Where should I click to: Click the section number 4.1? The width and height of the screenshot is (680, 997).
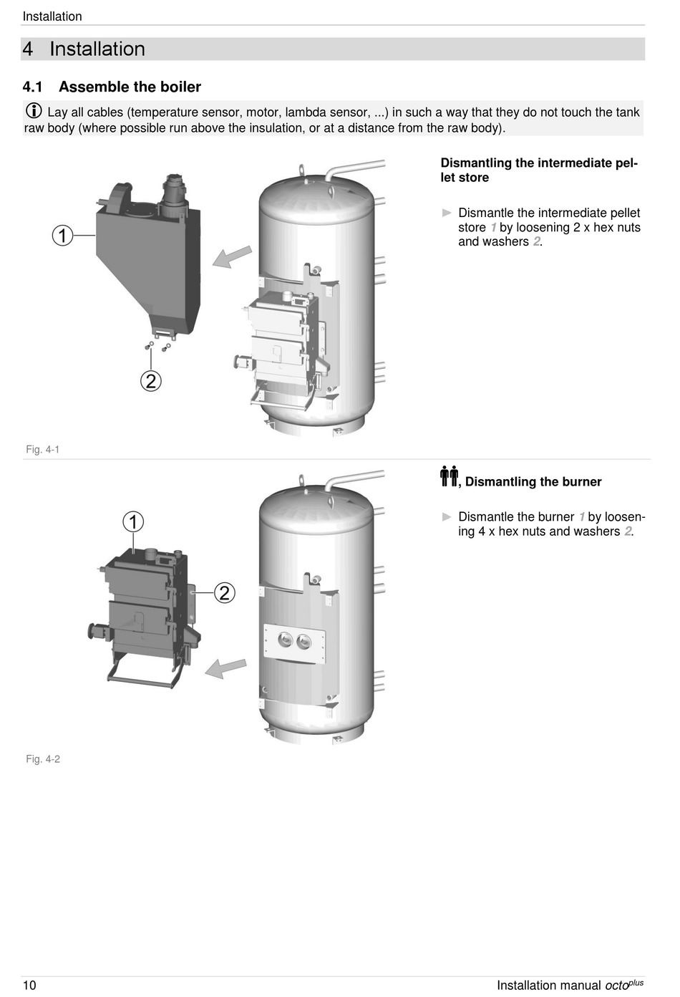(x=32, y=87)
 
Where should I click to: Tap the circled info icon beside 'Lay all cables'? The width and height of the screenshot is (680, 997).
(x=34, y=111)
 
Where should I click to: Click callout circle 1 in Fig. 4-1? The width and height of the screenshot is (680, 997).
(x=63, y=235)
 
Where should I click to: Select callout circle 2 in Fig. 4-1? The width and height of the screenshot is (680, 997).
(x=150, y=380)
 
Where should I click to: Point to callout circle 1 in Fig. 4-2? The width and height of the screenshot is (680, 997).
(x=133, y=521)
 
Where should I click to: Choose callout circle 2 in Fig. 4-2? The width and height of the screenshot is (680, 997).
(x=225, y=592)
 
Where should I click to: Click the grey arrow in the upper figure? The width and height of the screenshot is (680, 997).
(x=232, y=256)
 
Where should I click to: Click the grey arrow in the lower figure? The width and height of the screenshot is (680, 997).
(x=225, y=668)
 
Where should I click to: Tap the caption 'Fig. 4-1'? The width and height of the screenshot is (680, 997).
(x=43, y=450)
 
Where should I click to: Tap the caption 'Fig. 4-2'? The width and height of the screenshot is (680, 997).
(x=43, y=759)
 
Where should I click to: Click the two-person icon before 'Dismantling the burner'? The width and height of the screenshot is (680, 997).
(x=449, y=476)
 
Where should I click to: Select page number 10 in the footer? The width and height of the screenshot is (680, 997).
(x=29, y=986)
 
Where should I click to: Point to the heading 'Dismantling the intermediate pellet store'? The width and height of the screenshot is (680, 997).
(x=538, y=170)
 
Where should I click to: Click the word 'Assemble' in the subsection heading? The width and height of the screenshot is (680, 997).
(x=90, y=87)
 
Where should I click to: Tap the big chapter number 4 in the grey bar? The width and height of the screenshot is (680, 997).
(x=28, y=49)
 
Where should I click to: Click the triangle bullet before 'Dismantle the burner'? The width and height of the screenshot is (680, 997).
(x=447, y=517)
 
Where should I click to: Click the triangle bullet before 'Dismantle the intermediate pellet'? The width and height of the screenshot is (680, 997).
(x=447, y=213)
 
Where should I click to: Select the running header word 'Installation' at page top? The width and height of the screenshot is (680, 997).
(x=52, y=16)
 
